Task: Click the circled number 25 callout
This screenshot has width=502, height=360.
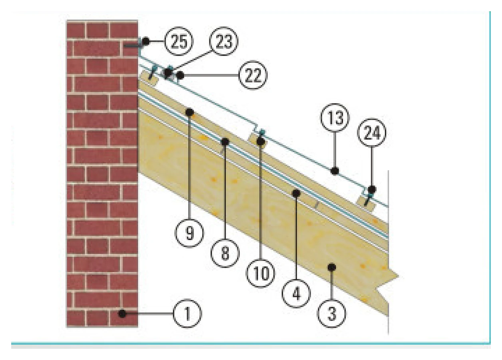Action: point(179,42)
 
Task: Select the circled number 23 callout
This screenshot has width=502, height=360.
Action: point(223,41)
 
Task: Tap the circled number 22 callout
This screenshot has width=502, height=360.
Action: point(253,75)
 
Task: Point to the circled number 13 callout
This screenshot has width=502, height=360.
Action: point(335,118)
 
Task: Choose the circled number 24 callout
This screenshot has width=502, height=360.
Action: point(372,133)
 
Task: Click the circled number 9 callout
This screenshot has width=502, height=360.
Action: point(189,233)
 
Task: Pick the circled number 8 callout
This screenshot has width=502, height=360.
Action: point(225,253)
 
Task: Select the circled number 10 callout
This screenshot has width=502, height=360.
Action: point(261,274)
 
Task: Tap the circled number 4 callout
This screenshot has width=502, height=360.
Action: point(296,293)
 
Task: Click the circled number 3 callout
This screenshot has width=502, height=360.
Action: point(331,313)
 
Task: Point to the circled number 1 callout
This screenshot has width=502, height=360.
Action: point(187,313)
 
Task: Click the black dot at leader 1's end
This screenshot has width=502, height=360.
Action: point(122,313)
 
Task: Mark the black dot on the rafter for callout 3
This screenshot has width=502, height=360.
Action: point(331,267)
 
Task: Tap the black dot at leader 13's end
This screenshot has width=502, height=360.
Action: point(335,171)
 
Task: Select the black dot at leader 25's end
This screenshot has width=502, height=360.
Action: point(145,41)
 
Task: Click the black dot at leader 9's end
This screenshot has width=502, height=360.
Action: point(189,112)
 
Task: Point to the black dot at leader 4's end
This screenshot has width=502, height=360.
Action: point(296,193)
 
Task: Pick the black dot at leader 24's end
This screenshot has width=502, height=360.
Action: point(372,190)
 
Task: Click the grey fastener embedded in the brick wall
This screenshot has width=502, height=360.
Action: point(133,46)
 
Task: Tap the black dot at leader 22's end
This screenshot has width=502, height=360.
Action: point(180,75)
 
